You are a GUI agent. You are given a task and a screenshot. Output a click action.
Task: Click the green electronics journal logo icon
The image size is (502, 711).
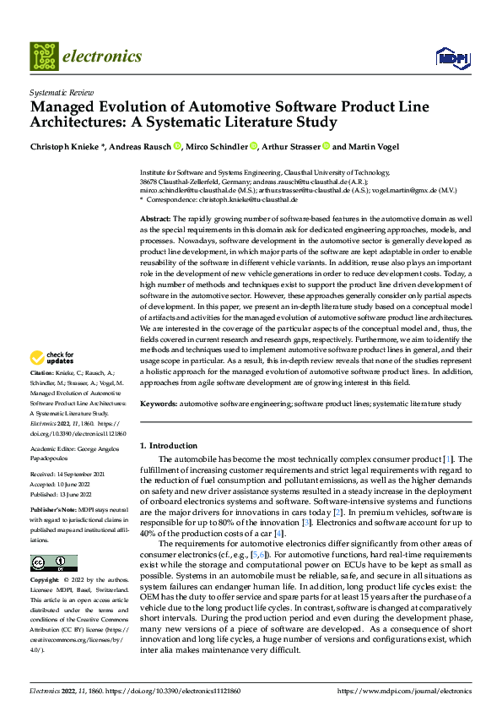click(44, 57)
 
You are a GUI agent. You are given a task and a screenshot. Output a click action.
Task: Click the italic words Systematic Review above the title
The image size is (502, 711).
click(57, 90)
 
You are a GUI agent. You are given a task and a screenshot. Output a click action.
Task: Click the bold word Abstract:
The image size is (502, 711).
click(156, 219)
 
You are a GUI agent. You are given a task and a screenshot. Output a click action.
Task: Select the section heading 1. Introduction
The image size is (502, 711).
click(168, 445)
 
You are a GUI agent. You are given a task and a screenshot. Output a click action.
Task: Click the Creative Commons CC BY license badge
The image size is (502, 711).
click(53, 563)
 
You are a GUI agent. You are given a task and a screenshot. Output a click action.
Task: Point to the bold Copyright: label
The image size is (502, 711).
click(45, 581)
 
